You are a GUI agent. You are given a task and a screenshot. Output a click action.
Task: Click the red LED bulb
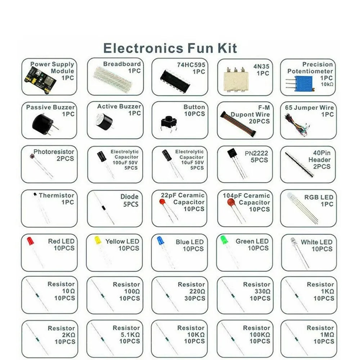coord(30,240)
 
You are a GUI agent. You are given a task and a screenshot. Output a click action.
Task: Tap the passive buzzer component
coord(43,123)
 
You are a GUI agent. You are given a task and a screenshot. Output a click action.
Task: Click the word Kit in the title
coord(226,48)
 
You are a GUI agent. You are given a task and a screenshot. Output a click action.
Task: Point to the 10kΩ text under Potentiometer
coord(326,84)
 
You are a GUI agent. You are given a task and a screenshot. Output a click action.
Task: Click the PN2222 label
coord(256,153)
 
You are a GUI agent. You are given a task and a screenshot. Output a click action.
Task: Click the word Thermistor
coord(57,195)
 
